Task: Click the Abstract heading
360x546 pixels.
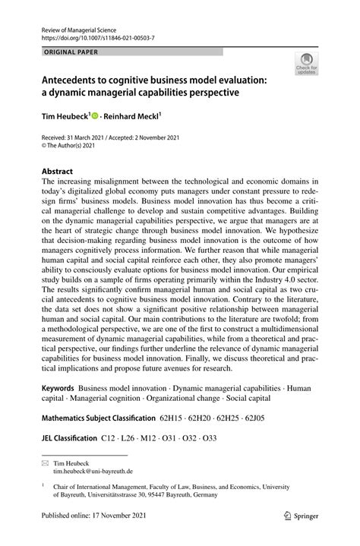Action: [58, 172]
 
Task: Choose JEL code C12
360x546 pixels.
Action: [109, 437]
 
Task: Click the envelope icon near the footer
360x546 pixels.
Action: [46, 462]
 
